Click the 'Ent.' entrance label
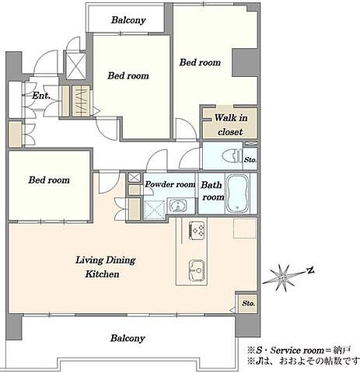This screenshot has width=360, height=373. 41,96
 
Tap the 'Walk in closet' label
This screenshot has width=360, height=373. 230,125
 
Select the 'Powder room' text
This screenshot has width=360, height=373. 170,184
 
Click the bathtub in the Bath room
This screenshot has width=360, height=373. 237,193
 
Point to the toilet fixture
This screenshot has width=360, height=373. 232,156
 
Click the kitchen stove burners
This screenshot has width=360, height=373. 197,230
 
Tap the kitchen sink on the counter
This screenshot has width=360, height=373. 197,270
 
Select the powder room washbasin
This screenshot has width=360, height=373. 178,206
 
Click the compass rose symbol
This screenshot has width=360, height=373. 281,278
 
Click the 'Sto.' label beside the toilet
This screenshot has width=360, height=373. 250,160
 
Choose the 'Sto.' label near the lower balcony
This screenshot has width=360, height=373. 248,303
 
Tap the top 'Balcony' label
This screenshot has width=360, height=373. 128,20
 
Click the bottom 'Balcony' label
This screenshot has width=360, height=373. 128,338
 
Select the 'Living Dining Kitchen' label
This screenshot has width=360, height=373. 105,267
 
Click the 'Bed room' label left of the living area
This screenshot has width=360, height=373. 49,180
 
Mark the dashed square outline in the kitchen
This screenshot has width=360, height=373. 245,228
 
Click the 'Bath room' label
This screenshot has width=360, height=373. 212,191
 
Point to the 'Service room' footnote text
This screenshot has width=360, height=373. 297,350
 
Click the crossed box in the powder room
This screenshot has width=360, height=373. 154,209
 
